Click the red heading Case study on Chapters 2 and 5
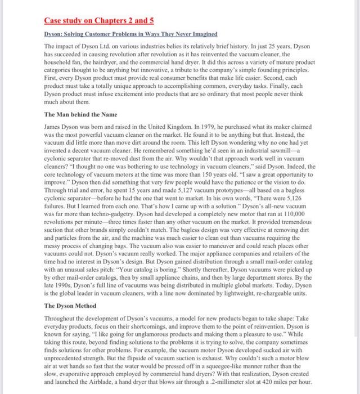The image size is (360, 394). tap(98, 21)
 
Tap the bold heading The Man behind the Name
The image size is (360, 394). tap(80, 114)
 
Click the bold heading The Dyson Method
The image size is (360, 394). tap(70, 306)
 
